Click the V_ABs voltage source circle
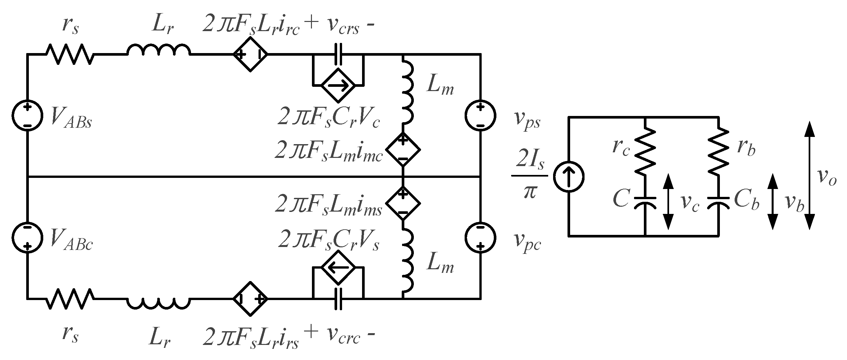(27, 115)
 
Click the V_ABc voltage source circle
(27, 237)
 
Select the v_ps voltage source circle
(480, 115)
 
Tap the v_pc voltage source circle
(480, 237)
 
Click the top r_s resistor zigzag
(70, 54)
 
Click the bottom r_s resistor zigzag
(70, 298)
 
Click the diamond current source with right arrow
(338, 85)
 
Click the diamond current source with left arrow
(338, 268)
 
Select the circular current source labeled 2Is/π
(568, 177)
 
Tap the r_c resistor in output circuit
(645, 151)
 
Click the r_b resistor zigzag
(719, 151)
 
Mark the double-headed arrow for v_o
(810, 175)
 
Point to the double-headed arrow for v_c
(668, 202)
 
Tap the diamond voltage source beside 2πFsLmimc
(403, 150)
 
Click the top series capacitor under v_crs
(338, 54)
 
